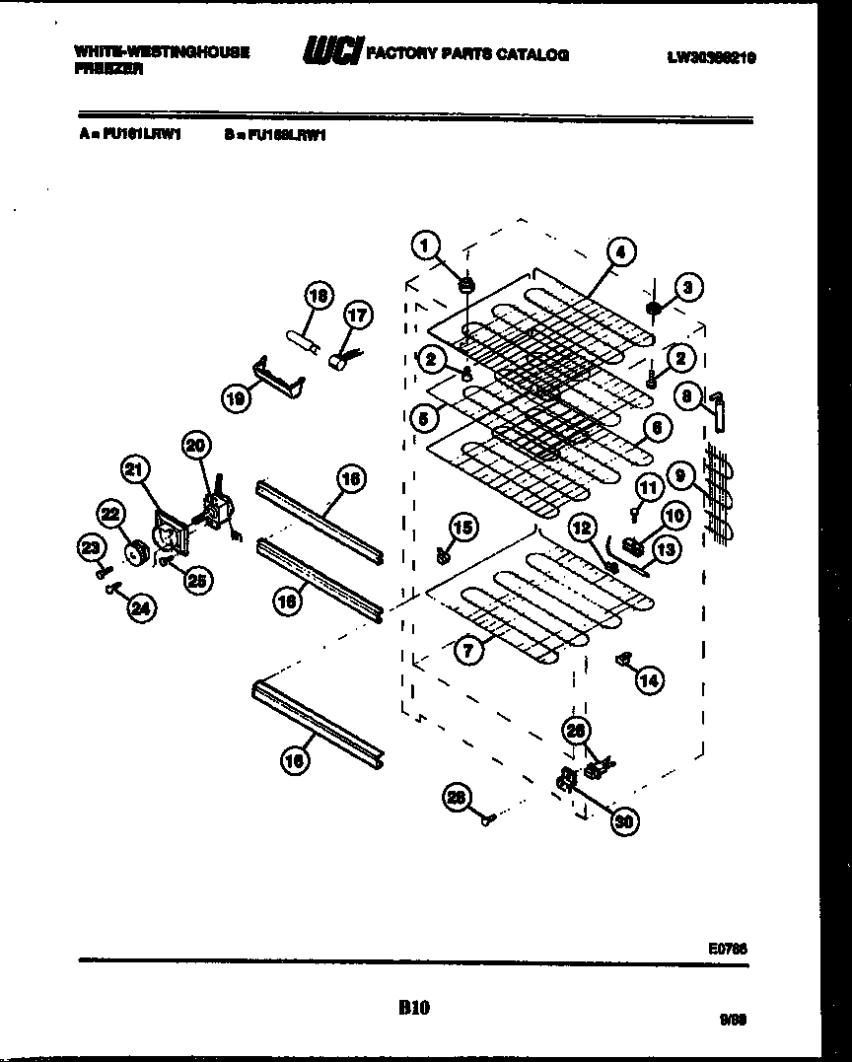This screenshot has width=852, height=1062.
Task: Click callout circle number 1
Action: (425, 246)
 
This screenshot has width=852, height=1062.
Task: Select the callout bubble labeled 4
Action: (621, 251)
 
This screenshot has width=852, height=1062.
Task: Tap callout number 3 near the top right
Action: (688, 288)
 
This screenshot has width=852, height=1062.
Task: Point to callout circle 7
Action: (469, 648)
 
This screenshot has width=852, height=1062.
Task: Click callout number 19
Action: (236, 398)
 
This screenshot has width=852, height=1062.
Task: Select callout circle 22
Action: (109, 514)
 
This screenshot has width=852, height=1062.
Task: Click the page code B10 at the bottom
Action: (414, 1007)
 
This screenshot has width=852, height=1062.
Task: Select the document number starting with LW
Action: (710, 57)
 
